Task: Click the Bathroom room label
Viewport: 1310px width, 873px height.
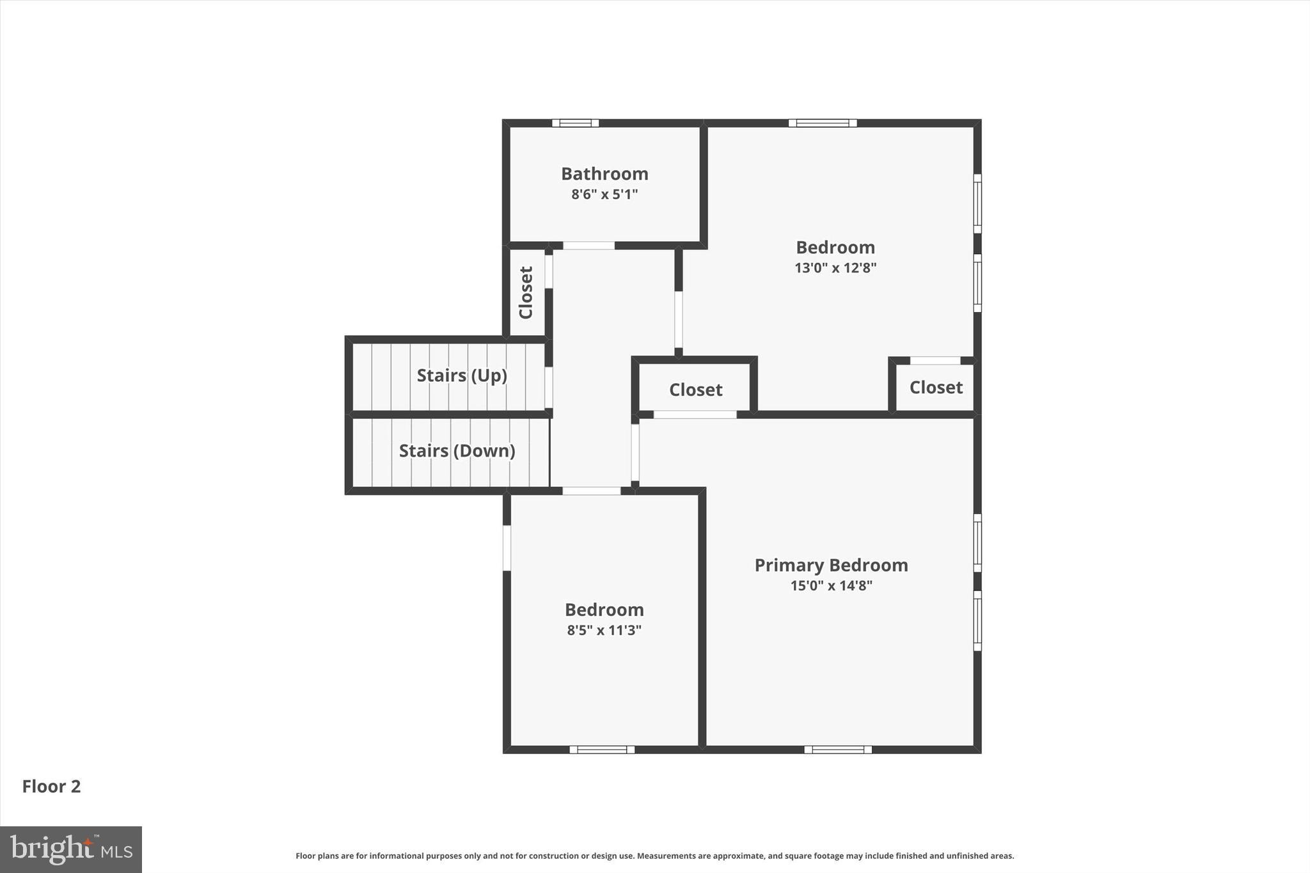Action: coord(604,174)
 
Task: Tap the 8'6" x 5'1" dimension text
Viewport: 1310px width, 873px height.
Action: coord(604,194)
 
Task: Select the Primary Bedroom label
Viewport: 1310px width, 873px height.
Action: coord(831,565)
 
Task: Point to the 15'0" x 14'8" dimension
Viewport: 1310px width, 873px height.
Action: coord(831,586)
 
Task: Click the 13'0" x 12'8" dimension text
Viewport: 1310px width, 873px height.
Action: coord(835,268)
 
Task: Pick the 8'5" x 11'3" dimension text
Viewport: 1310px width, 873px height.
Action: coord(604,631)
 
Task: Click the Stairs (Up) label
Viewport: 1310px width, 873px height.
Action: coord(462,375)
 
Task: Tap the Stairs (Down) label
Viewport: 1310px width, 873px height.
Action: coord(457,451)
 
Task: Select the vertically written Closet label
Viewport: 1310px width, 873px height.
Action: coord(526,292)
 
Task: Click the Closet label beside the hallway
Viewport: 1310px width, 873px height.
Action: coord(695,390)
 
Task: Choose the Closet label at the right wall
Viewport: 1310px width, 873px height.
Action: coord(936,388)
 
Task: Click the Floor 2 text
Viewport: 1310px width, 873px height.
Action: coord(51,787)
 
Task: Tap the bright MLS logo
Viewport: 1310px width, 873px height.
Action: coord(71,849)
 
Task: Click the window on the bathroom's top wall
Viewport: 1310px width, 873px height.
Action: coord(575,123)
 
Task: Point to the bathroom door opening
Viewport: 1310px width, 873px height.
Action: coord(588,246)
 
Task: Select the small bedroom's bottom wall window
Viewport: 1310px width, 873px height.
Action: coord(602,750)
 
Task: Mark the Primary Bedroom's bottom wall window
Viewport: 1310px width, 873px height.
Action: coord(837,750)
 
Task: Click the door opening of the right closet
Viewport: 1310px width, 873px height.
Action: coord(935,361)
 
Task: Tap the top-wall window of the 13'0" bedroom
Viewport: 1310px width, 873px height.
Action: coord(822,123)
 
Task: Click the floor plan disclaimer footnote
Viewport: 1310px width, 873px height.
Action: coord(654,856)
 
